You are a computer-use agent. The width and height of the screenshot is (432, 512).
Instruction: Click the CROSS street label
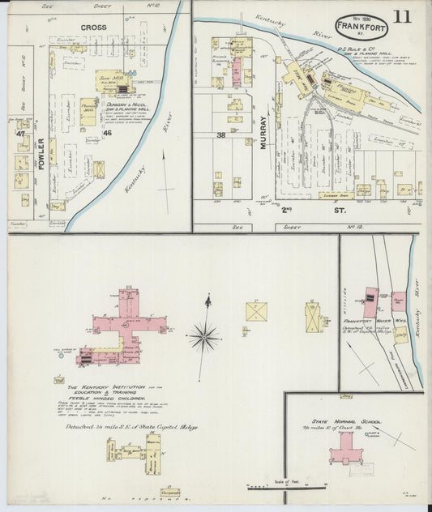[94, 28]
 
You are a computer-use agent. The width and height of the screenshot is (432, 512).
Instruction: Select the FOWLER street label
[41, 153]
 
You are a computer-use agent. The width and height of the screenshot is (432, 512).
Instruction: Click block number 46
[107, 132]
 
